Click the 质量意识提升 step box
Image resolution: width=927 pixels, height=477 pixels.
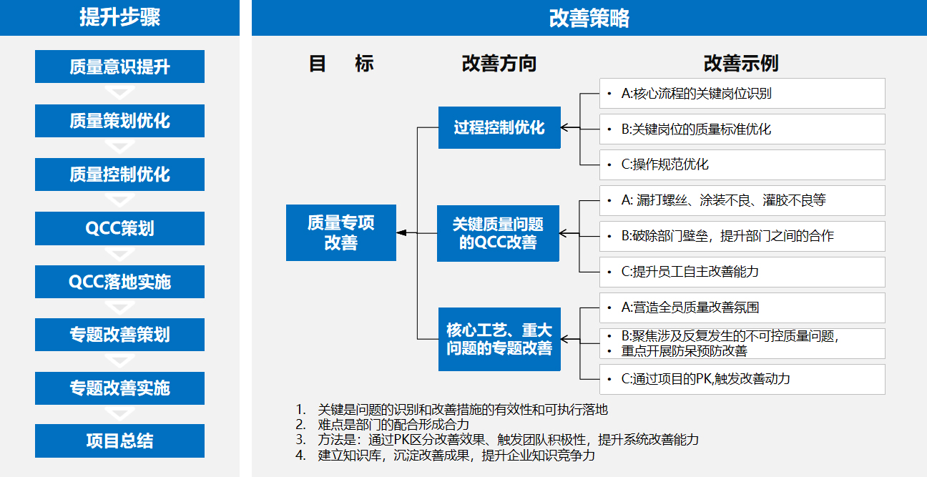tap(119, 67)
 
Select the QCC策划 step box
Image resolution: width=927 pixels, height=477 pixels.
tap(119, 228)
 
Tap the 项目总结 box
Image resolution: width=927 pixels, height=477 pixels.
tap(119, 441)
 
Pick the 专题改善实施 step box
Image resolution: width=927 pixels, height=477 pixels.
tap(119, 388)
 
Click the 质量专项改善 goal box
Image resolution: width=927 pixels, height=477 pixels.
tap(341, 232)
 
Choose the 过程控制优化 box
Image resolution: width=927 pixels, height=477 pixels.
tap(499, 127)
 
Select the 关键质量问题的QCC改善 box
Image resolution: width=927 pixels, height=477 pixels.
tap(498, 233)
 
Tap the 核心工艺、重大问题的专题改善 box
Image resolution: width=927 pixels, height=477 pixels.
tap(499, 339)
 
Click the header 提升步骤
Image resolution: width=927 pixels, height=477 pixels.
tap(119, 17)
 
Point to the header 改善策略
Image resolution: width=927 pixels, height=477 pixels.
tap(589, 18)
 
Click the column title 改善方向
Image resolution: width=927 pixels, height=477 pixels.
tap(499, 64)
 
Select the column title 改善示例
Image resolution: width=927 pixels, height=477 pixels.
tap(741, 64)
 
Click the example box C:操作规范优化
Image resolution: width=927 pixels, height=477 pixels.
tap(742, 164)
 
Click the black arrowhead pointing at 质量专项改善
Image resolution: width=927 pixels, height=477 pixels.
tap(401, 233)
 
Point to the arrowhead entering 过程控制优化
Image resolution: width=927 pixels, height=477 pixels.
tap(565, 128)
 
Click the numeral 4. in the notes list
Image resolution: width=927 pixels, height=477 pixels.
tap(300, 456)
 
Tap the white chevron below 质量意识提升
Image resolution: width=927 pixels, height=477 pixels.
tap(119, 92)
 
